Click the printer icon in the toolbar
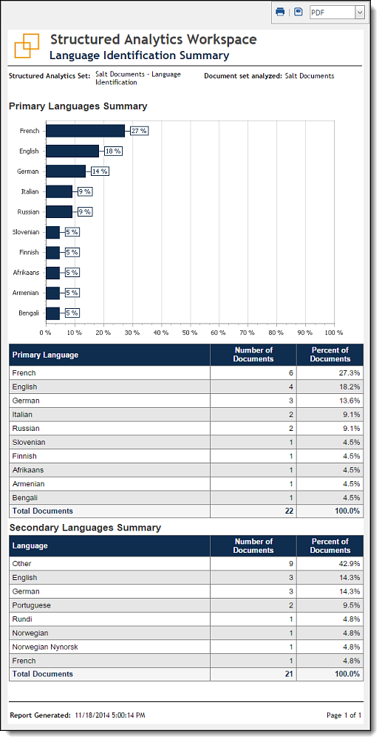(x=280, y=12)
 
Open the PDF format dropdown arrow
(x=360, y=13)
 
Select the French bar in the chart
(x=85, y=131)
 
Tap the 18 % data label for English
(x=113, y=151)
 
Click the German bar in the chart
(x=66, y=171)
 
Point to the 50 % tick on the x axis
(x=190, y=333)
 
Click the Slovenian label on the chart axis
(x=26, y=232)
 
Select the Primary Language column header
(x=46, y=355)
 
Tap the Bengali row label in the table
(x=25, y=497)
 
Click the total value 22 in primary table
(x=289, y=511)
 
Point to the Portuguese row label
(x=32, y=605)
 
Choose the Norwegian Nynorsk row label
(x=45, y=647)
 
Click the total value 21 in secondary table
(x=289, y=674)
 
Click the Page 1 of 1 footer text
(x=344, y=715)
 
